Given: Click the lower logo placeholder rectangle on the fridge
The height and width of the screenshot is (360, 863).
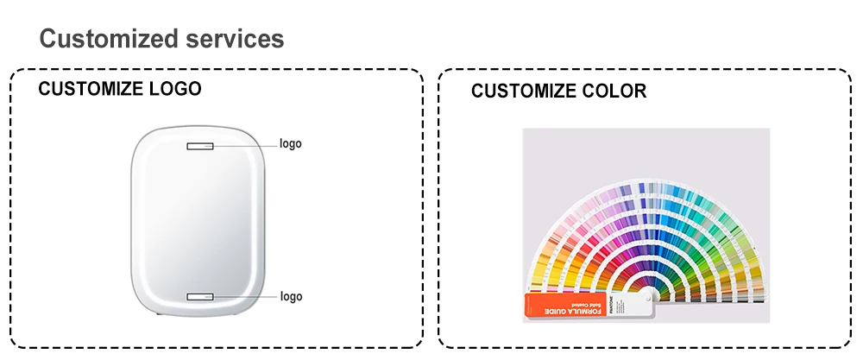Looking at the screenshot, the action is (x=200, y=297).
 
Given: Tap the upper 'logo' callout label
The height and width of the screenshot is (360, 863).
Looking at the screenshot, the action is (x=291, y=144).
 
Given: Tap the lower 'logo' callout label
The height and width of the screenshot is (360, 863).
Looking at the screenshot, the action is (x=291, y=297).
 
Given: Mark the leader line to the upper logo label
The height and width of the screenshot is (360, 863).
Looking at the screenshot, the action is (x=245, y=145).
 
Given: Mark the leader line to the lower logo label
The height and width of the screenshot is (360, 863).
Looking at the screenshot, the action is (x=245, y=297).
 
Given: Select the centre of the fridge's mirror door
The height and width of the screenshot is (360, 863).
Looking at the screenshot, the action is (x=200, y=220).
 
